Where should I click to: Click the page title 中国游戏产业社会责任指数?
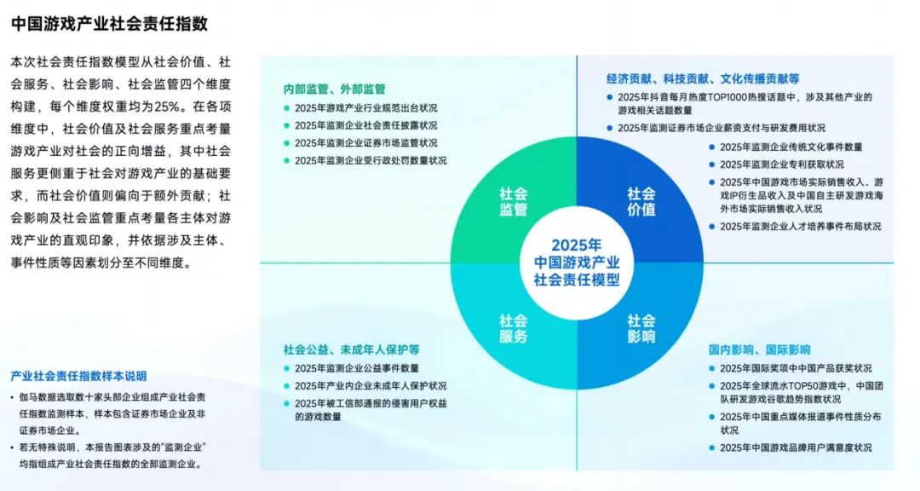click(x=110, y=24)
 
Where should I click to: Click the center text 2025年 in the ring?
click(x=577, y=244)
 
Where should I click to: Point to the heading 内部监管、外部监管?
click(x=335, y=89)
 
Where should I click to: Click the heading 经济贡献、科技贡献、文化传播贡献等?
click(x=703, y=78)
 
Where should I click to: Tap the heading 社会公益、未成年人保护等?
click(x=351, y=349)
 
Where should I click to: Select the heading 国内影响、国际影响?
click(x=759, y=349)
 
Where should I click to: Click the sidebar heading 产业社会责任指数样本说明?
click(x=78, y=376)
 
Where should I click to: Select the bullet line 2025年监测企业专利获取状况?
click(x=781, y=165)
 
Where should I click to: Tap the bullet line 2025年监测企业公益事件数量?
click(x=357, y=368)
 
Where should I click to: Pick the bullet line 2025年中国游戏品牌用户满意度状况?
click(x=796, y=448)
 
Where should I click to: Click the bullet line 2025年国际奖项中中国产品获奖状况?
click(x=796, y=368)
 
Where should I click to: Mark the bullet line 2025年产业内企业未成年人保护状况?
click(x=371, y=386)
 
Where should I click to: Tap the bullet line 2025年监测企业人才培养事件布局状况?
click(x=800, y=227)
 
